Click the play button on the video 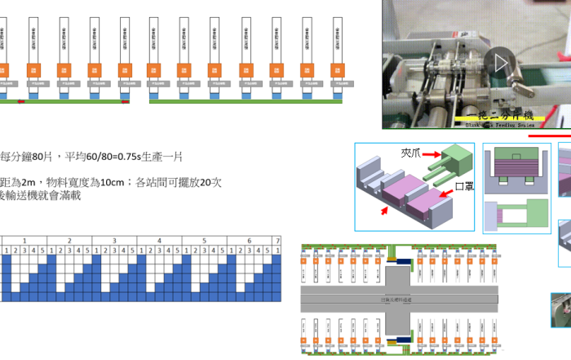click(x=499, y=62)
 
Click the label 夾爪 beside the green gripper click(x=409, y=152)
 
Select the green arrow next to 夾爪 click(x=432, y=153)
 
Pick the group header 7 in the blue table click(x=278, y=241)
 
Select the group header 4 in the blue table click(x=159, y=241)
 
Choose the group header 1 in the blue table click(x=24, y=241)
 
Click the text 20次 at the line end click(x=210, y=182)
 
